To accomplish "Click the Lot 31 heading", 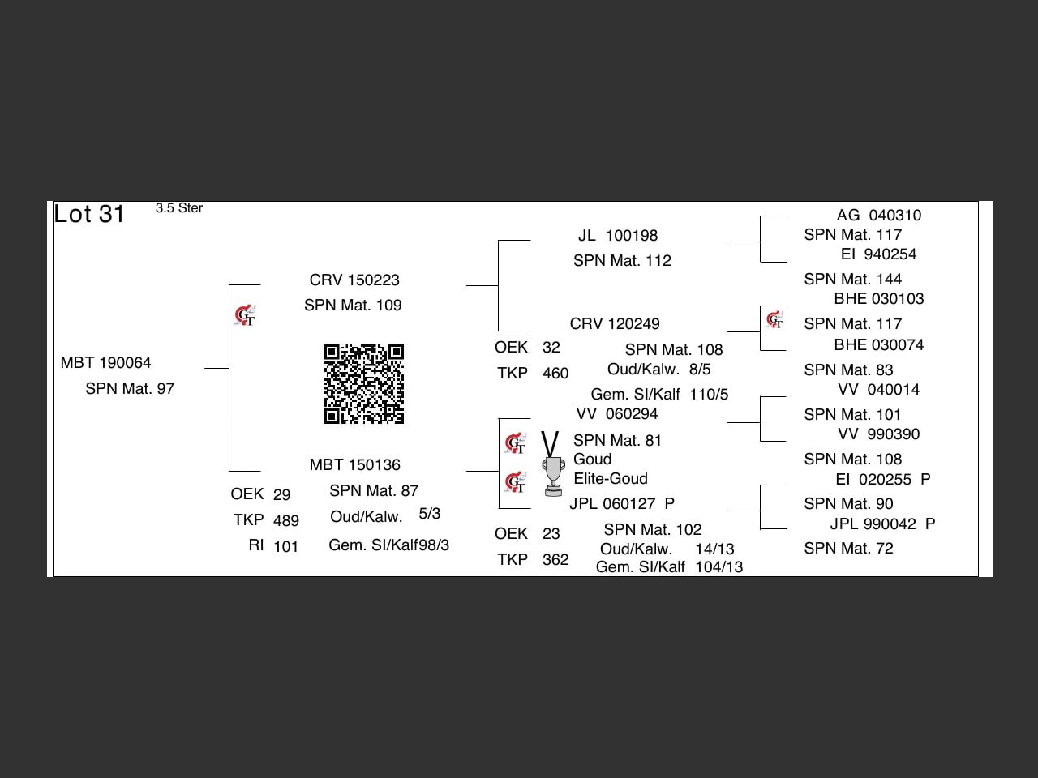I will [89, 214].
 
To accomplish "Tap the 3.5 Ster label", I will [179, 208].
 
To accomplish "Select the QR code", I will [364, 384].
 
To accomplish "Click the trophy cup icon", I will [553, 476].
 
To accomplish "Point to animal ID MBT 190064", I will [105, 363].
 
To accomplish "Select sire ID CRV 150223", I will [354, 280].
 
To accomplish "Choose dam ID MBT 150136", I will [354, 465].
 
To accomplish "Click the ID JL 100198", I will [618, 236].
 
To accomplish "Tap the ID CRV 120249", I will [615, 324].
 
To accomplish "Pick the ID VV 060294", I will [616, 414].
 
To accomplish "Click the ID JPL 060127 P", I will [621, 504].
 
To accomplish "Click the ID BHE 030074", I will [878, 345].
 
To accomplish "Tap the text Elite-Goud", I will [610, 479].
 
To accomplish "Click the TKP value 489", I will [285, 521].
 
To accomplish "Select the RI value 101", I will [285, 547].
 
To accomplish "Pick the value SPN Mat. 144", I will [852, 280].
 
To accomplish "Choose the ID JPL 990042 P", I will [882, 524].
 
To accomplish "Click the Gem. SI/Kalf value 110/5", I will [709, 395].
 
